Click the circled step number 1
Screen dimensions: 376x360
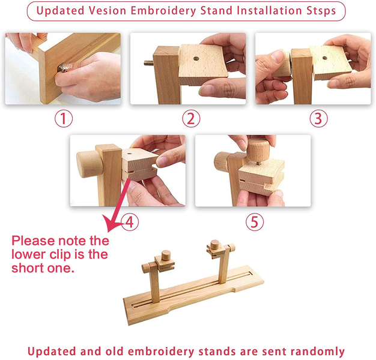click(64, 119)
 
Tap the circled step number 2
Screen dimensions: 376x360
click(191, 119)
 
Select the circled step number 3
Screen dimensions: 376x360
click(318, 119)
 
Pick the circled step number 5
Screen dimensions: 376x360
click(255, 222)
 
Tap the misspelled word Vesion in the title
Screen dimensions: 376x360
click(107, 11)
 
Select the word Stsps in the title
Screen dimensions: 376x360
click(321, 11)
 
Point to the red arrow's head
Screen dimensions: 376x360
click(111, 223)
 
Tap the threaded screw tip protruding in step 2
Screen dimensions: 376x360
click(149, 63)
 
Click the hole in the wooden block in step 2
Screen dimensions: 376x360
click(196, 58)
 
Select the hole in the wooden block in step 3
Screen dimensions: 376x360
click(325, 58)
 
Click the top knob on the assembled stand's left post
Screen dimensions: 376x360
click(165, 256)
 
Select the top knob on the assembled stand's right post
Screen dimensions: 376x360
click(215, 245)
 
